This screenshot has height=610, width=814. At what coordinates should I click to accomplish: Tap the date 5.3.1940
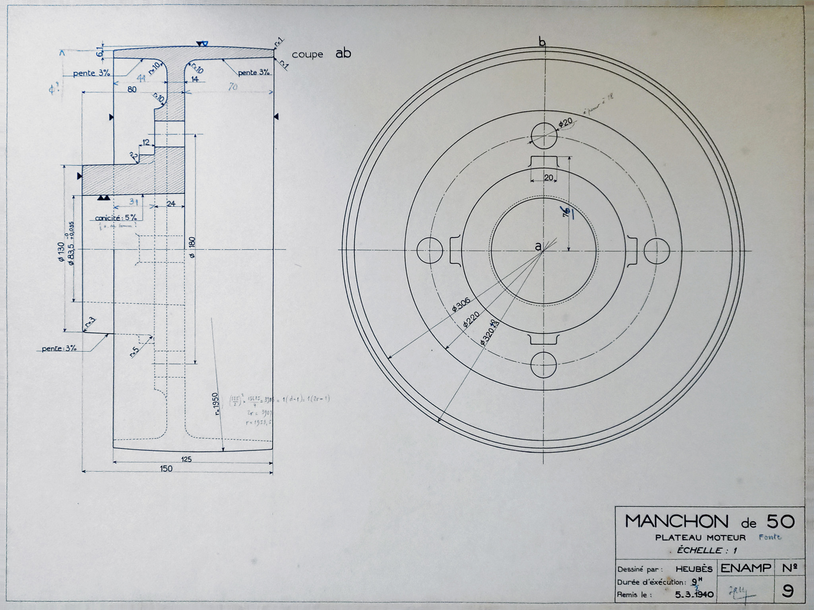694,595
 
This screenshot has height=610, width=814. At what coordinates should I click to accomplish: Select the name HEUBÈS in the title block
694,569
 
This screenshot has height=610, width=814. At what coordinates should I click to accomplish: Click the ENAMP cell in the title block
745,568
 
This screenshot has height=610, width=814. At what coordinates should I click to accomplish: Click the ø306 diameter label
461,305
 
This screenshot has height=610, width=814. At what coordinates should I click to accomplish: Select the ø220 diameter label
471,319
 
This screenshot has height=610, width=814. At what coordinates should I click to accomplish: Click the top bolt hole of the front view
543,135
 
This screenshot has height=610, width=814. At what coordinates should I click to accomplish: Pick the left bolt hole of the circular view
430,251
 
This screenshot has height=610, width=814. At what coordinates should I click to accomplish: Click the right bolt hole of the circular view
657,251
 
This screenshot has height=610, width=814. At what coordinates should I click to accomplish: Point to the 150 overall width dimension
166,469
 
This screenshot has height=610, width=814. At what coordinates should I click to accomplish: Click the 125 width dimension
186,459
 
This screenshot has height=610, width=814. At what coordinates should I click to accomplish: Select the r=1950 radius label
216,404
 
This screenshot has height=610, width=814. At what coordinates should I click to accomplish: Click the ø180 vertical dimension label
192,247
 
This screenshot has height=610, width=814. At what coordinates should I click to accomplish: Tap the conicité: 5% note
116,218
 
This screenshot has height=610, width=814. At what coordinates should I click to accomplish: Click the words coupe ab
321,54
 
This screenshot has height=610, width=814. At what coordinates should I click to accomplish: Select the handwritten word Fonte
769,537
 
